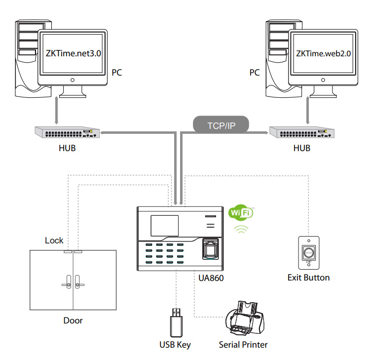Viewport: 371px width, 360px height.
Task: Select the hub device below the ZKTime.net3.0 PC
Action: click(x=67, y=133)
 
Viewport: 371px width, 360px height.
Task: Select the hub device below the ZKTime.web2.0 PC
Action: click(x=301, y=132)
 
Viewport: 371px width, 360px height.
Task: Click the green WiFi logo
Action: click(x=241, y=213)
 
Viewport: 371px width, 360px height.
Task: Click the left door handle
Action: click(x=65, y=284)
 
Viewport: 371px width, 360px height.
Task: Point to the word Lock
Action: click(x=54, y=240)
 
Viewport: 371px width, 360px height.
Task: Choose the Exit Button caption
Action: click(x=308, y=278)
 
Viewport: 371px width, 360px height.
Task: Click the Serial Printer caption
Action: click(x=243, y=345)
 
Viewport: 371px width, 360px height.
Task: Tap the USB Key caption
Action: click(x=175, y=345)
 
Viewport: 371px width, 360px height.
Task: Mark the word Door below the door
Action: click(x=73, y=320)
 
